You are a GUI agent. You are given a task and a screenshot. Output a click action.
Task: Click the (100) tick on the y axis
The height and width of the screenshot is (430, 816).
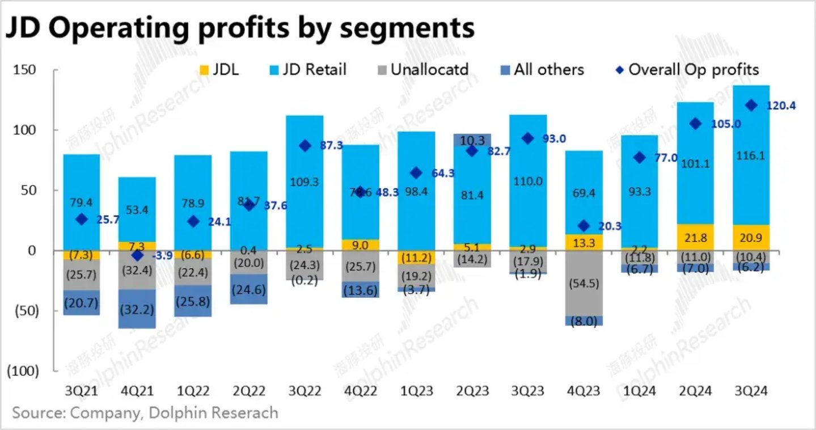click(x=22, y=371)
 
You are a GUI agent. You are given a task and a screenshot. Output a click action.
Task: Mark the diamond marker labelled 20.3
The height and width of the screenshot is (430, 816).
click(x=584, y=226)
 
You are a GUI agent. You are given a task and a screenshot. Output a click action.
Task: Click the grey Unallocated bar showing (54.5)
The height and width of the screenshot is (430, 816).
click(x=584, y=283)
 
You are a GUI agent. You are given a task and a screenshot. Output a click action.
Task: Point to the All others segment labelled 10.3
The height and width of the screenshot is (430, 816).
click(x=472, y=140)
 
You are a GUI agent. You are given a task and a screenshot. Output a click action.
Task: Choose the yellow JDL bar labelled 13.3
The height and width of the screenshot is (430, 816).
click(x=584, y=242)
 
